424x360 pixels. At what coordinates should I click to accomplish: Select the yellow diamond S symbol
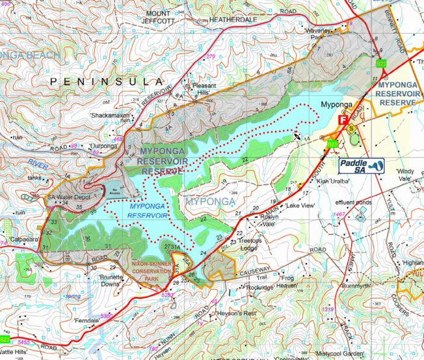[x=352, y=129]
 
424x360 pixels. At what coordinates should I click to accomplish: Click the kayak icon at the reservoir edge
[x=297, y=137]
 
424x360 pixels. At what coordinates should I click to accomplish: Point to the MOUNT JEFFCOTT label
[x=163, y=17]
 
